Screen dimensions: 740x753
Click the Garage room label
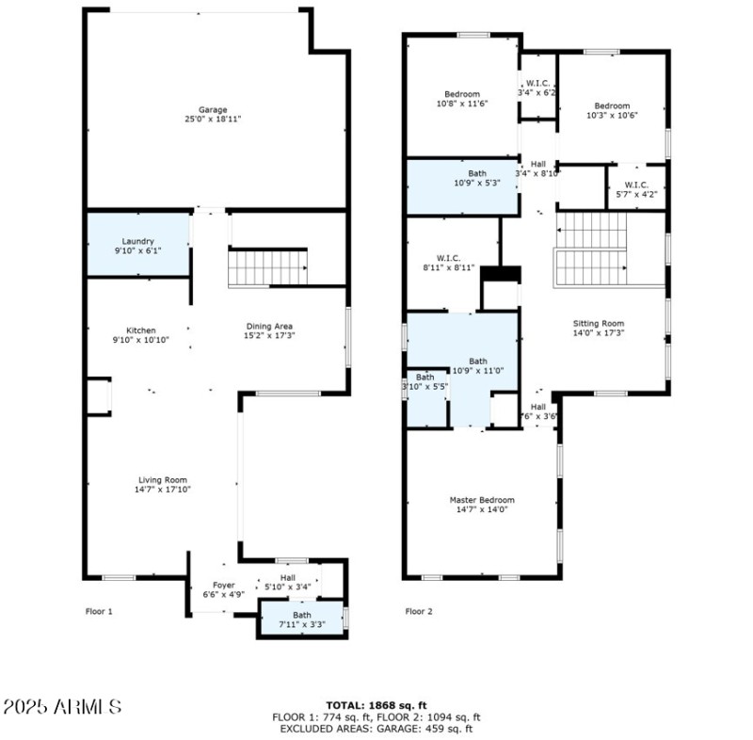pos(212,110)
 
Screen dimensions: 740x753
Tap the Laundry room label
pos(137,242)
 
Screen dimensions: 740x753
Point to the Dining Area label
pos(269,327)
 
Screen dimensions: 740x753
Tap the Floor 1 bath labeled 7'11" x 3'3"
pos(301,619)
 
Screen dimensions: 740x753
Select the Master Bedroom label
pos(481,500)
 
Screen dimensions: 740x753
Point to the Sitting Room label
pos(599,323)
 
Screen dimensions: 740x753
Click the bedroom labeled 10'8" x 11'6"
pos(462,94)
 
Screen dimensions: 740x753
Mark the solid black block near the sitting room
pos(500,273)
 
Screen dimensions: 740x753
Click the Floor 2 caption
pos(419,611)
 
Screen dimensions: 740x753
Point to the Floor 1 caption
pos(99,611)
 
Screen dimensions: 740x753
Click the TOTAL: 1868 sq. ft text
pos(376,704)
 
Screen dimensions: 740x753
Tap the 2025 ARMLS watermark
pos(61,705)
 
